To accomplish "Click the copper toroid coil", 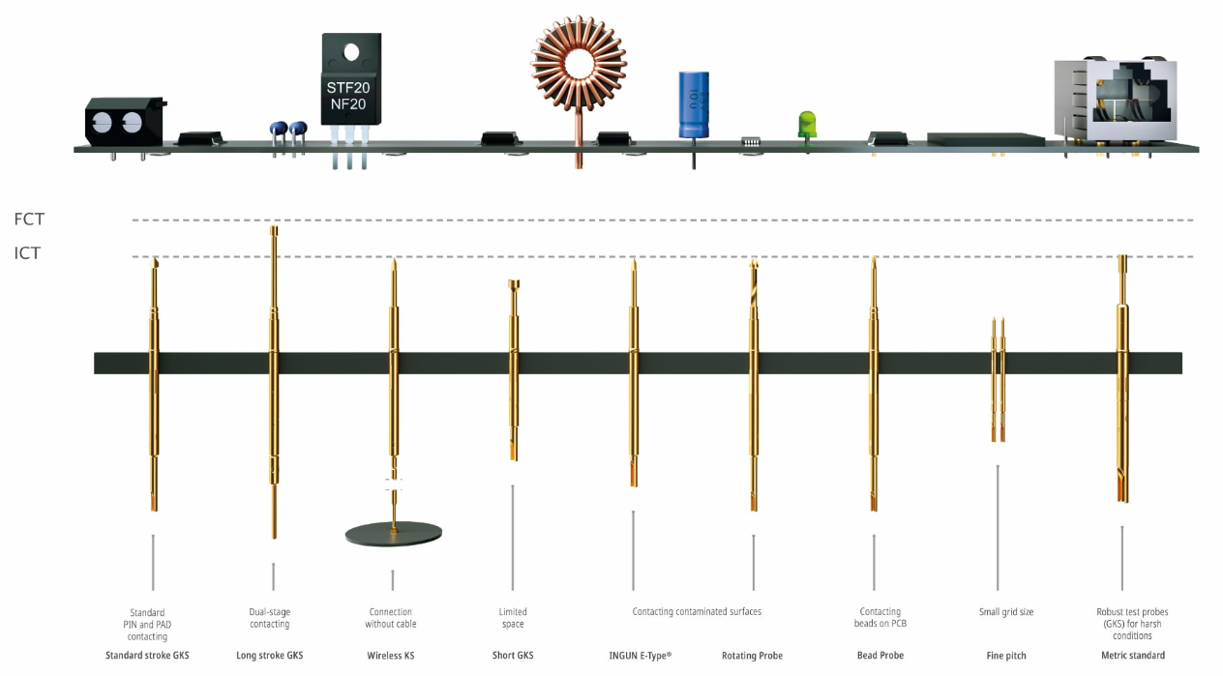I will [579, 64].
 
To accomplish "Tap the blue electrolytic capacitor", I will [693, 102].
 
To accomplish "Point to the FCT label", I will [29, 220].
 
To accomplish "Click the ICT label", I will [27, 254].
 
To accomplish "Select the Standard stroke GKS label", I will [147, 656].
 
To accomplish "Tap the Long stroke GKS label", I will [269, 656].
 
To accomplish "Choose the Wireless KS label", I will [391, 656].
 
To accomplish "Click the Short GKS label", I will [513, 656].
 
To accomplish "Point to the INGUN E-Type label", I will [633, 656].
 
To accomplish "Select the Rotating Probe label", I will [752, 656].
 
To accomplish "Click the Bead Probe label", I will [880, 656].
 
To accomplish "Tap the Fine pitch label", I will [1006, 656].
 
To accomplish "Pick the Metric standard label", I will [1133, 656].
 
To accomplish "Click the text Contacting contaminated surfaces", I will [697, 612].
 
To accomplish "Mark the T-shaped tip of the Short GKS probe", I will [513, 283].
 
